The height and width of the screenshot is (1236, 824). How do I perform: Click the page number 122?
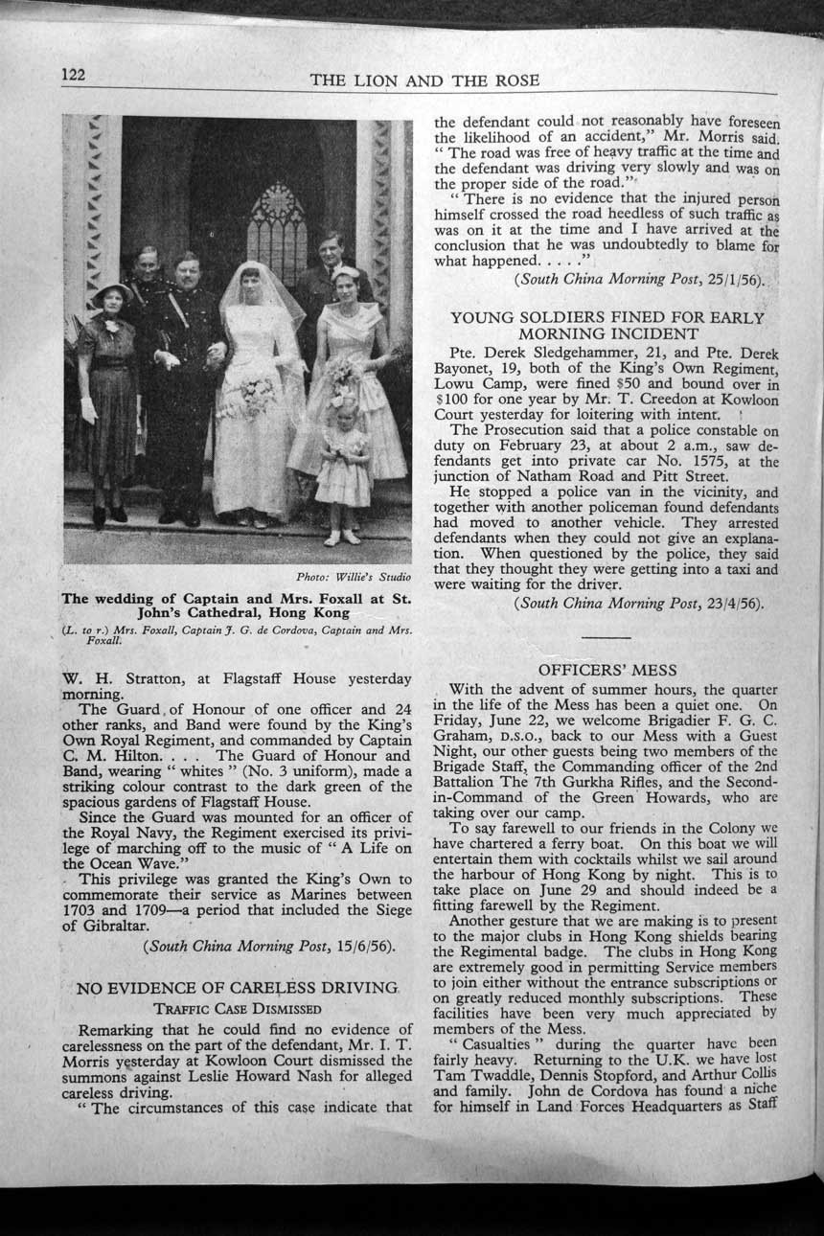tap(75, 74)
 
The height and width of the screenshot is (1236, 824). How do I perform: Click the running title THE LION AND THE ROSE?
tap(424, 80)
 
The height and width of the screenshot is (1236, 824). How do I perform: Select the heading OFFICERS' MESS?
tap(607, 670)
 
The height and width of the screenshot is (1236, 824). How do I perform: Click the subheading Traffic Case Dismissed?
tap(238, 1008)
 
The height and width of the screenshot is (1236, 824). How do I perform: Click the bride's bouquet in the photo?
tap(247, 396)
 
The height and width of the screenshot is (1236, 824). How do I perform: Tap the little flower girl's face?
tap(345, 409)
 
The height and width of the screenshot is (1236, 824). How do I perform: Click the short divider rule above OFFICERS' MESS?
tap(607, 637)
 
